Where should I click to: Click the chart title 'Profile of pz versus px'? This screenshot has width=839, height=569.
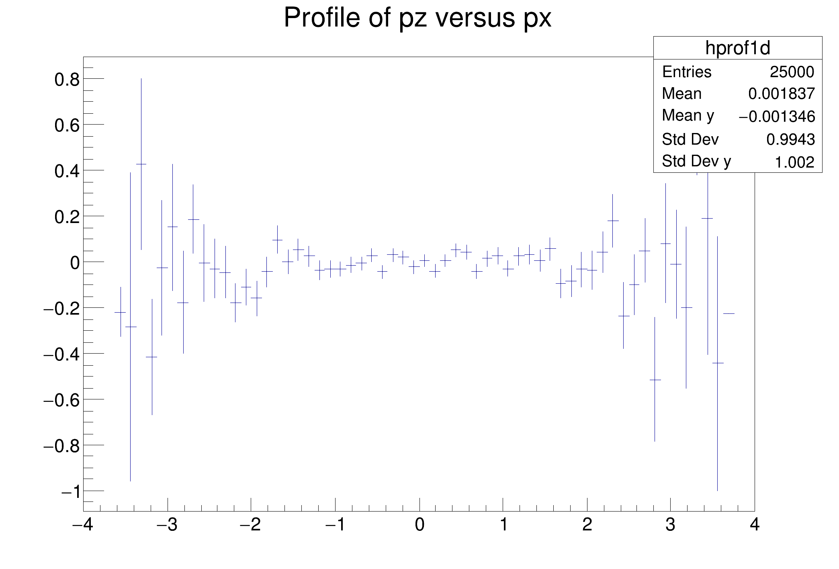pyautogui.click(x=417, y=18)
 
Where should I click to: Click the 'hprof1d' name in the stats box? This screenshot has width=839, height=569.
pyautogui.click(x=738, y=48)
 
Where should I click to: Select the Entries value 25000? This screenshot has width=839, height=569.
pyautogui.click(x=792, y=72)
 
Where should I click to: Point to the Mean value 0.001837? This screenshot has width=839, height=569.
pyautogui.click(x=781, y=94)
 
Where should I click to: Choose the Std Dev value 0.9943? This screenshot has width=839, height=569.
pyautogui.click(x=790, y=140)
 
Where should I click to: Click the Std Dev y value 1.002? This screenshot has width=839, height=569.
pyautogui.click(x=794, y=163)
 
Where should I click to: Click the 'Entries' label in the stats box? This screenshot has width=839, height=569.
pyautogui.click(x=687, y=72)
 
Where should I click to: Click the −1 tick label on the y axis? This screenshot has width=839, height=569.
pyautogui.click(x=70, y=492)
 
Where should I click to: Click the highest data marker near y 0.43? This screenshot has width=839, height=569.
pyautogui.click(x=141, y=164)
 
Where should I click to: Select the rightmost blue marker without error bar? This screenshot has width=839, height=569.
pyautogui.click(x=729, y=313)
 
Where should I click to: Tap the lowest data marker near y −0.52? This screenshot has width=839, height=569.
pyautogui.click(x=655, y=380)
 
